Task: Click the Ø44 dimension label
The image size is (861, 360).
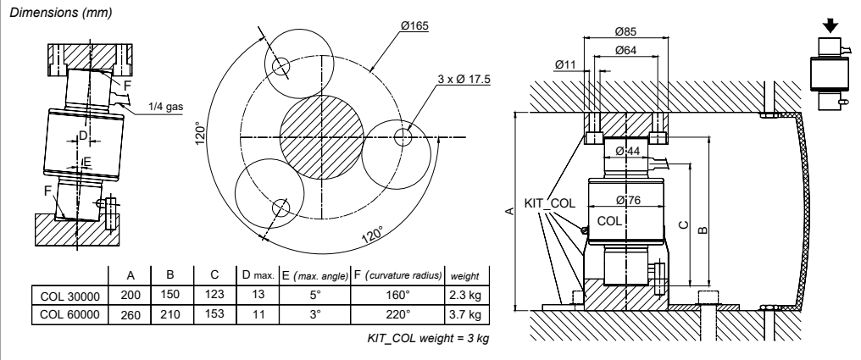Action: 627,150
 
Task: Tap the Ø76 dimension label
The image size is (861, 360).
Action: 627,200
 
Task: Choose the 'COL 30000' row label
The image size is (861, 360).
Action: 70,296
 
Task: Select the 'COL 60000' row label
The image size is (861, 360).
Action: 70,314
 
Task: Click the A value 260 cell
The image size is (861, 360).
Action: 131,314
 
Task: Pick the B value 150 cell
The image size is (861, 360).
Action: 169,296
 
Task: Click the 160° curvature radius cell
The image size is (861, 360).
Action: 397,296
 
